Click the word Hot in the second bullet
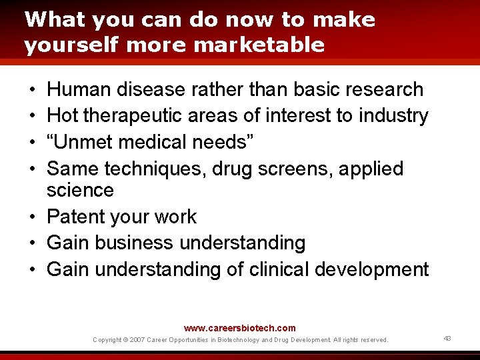tap(63, 116)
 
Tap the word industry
tap(393, 116)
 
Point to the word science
tap(80, 191)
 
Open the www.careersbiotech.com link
tap(239, 328)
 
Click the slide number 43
tap(447, 339)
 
